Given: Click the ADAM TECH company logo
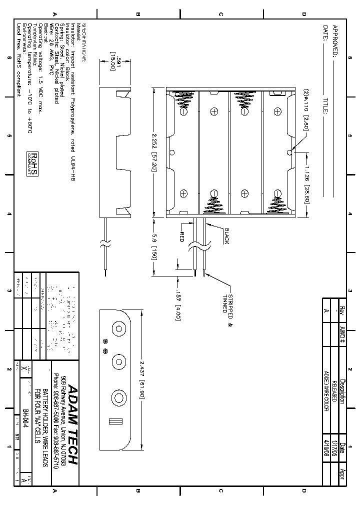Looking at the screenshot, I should tap(73, 424).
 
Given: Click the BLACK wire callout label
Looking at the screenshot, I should tap(225, 236).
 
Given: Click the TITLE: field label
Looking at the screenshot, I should tap(325, 105).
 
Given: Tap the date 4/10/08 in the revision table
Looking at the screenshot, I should tap(326, 445).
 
